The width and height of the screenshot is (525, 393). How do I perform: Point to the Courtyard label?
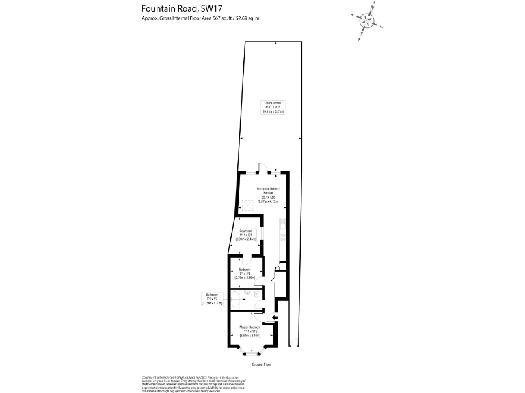245,235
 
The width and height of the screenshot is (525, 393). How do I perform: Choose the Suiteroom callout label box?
211,299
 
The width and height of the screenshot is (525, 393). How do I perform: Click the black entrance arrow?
274,318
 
